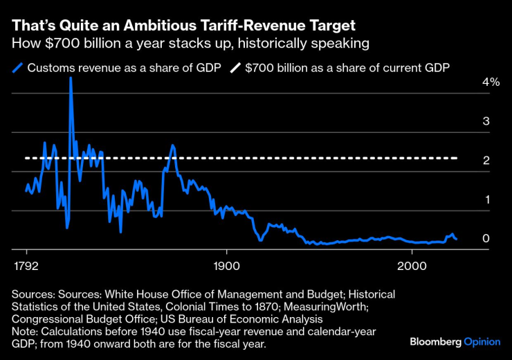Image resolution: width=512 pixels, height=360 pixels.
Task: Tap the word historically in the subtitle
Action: (271, 44)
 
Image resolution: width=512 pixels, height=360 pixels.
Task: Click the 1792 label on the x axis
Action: (27, 267)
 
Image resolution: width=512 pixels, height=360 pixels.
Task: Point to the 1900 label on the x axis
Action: (226, 267)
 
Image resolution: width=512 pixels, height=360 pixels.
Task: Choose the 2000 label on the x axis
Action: (411, 267)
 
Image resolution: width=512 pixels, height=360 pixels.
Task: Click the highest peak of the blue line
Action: (71, 78)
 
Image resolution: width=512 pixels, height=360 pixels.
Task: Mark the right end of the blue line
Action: (457, 239)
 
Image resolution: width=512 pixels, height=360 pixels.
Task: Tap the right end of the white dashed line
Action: (457, 159)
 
